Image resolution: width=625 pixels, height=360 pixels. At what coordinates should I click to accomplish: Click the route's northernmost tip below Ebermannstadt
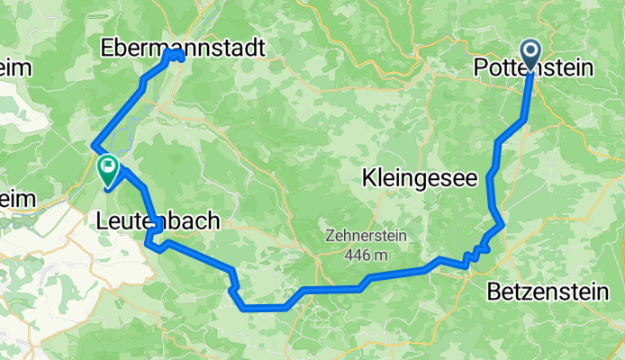coord(174,53)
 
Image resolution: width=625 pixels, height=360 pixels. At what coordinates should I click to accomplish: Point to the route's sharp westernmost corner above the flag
coord(93,147)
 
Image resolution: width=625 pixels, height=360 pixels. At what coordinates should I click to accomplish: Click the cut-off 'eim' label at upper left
coord(16,67)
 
